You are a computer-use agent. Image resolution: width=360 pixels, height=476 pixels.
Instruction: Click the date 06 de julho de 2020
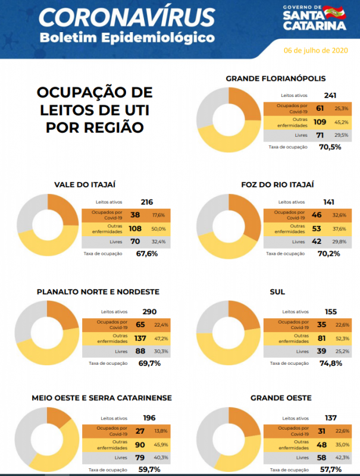pos(315,51)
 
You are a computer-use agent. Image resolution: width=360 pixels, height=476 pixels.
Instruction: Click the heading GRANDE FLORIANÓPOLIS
pos(276,79)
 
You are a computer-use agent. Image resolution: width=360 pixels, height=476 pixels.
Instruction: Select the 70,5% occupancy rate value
pos(330,146)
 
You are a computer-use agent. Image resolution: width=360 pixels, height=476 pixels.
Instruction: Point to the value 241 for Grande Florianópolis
pos(331,95)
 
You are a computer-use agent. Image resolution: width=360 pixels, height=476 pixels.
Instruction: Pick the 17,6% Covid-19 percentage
pos(158,215)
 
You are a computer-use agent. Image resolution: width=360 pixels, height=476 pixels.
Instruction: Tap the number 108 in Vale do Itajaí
pos(135,228)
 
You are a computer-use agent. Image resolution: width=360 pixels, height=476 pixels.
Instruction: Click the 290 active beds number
pos(149,311)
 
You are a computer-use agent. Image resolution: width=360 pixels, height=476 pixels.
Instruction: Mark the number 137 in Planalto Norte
pos(140,338)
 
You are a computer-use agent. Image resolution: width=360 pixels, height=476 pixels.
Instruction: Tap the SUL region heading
pos(277,292)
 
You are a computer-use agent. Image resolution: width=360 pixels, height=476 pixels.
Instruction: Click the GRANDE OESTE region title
pos(277,398)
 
